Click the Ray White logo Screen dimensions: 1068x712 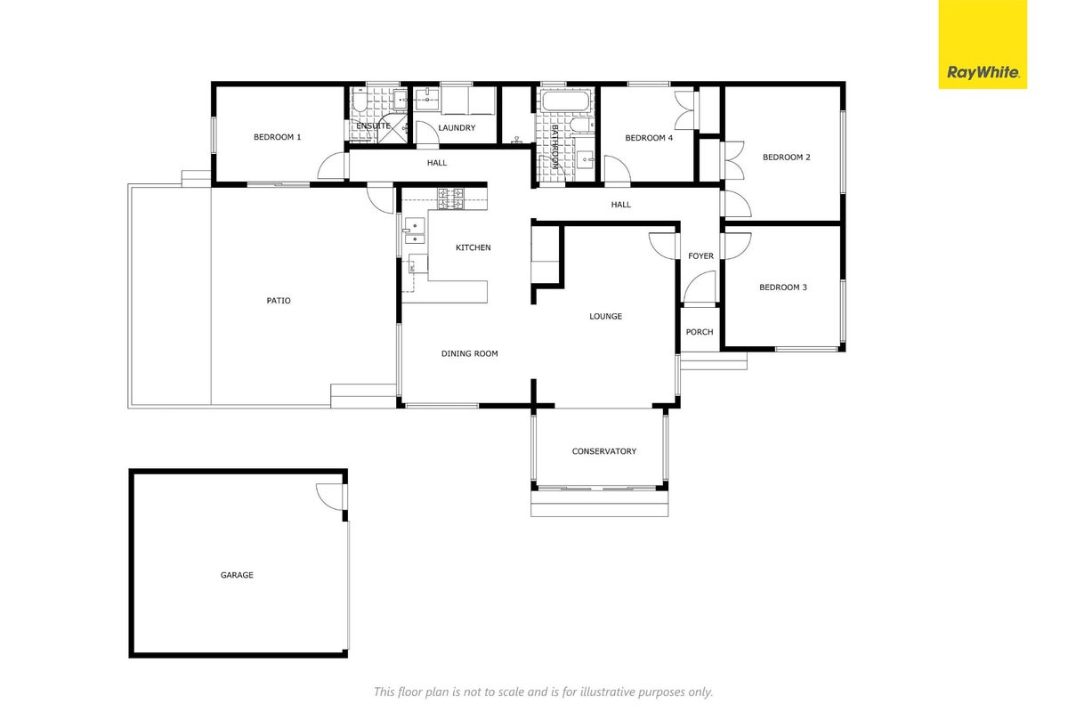pyautogui.click(x=983, y=44)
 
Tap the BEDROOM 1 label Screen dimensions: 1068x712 pyautogui.click(x=277, y=137)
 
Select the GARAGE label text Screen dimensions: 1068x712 pyautogui.click(x=237, y=575)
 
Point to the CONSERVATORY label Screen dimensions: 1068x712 pyautogui.click(x=604, y=451)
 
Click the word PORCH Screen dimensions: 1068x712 pyautogui.click(x=700, y=332)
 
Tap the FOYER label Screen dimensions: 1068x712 pyautogui.click(x=701, y=256)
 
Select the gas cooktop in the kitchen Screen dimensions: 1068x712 pyautogui.click(x=450, y=198)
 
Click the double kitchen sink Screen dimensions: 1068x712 pyautogui.click(x=415, y=231)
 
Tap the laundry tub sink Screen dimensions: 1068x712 pyautogui.click(x=426, y=100)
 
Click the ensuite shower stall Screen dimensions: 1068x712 pyautogui.click(x=392, y=128)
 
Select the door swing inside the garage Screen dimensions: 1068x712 pyautogui.click(x=329, y=496)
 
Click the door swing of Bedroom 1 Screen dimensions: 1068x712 pyautogui.click(x=331, y=166)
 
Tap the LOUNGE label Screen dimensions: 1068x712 pyautogui.click(x=605, y=316)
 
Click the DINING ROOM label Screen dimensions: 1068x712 pyautogui.click(x=469, y=354)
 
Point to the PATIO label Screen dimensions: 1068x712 pyautogui.click(x=279, y=301)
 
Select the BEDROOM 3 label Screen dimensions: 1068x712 pyautogui.click(x=783, y=287)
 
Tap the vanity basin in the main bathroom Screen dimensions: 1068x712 pyautogui.click(x=585, y=159)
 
